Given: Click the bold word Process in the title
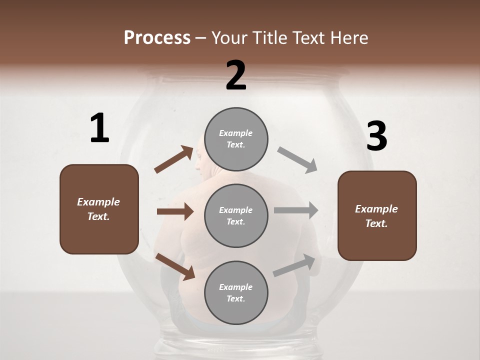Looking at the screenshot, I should click(157, 38).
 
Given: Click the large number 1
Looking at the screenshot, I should click(99, 128).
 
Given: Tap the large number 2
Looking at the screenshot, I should click(236, 75).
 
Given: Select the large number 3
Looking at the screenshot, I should click(376, 136).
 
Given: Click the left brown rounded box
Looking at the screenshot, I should click(99, 209).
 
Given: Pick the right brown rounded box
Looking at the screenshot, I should click(377, 215).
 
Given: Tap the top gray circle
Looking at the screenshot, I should click(236, 139).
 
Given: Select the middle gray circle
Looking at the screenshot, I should click(236, 215).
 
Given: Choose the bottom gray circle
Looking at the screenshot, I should click(236, 292).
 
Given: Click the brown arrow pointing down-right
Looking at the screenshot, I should click(175, 266).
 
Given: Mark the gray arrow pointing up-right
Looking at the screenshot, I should click(294, 265).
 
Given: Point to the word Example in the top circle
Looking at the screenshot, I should click(236, 133).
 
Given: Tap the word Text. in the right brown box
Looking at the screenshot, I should click(376, 223).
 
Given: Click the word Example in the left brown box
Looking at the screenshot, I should click(98, 202).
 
